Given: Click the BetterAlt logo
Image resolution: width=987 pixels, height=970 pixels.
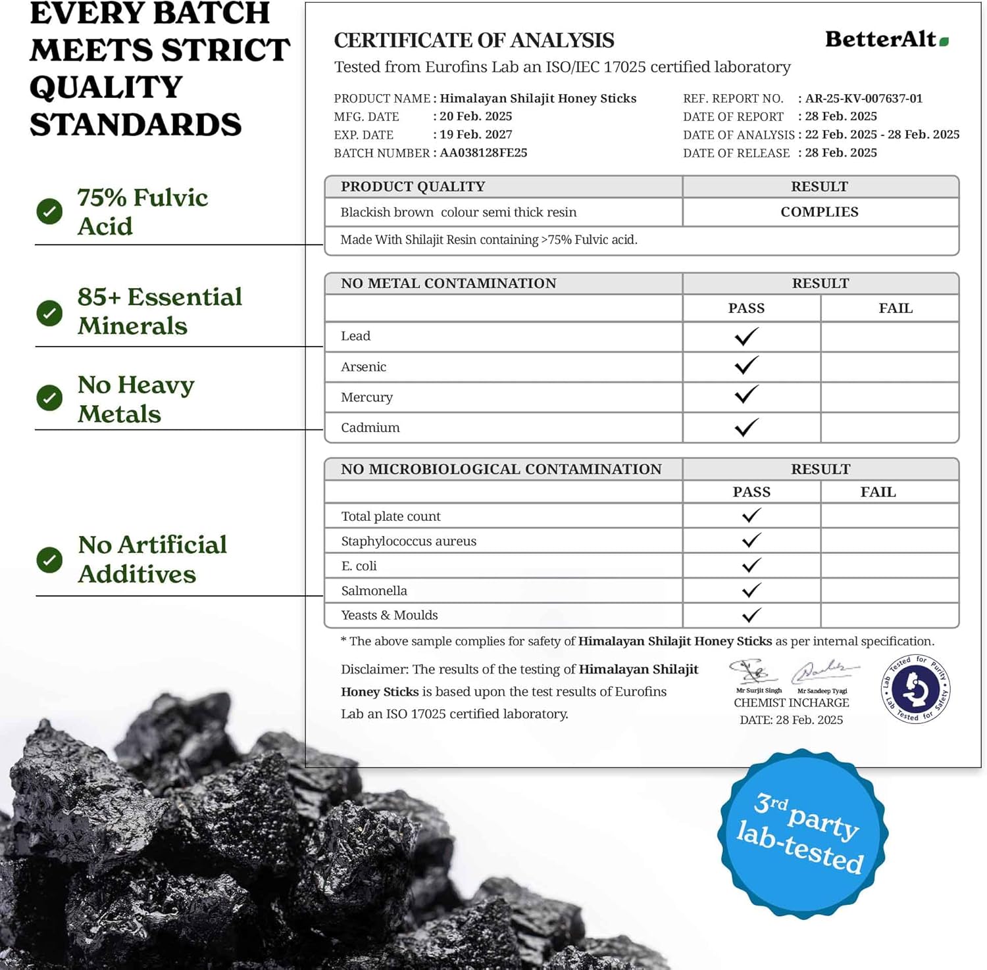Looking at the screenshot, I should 886,39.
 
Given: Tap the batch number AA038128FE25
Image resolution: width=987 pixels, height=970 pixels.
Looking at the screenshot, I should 483,153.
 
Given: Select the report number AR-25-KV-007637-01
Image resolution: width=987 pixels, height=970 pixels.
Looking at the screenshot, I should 863,99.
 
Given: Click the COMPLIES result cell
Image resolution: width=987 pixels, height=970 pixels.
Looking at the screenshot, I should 819,212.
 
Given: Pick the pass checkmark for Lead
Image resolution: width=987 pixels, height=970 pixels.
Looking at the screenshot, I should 746,337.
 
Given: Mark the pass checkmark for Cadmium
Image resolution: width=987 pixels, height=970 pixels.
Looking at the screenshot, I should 746,427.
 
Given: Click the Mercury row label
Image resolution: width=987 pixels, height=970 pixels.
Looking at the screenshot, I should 367,397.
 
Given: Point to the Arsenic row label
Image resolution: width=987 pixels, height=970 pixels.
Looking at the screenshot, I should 363,367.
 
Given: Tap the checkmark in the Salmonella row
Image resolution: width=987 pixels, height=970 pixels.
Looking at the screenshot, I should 751,590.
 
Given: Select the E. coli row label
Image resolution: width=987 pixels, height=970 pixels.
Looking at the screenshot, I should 359,566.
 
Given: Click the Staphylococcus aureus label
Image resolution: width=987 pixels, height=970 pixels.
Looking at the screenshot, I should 408,541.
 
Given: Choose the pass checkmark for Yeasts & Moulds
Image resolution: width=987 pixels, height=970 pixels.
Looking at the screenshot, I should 751,615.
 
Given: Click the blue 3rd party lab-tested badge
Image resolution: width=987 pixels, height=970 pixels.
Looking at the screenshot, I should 803,833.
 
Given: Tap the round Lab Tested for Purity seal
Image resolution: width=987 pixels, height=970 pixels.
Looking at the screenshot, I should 915,689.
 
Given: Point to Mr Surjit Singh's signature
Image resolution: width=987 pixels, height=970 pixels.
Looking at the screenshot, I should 754,671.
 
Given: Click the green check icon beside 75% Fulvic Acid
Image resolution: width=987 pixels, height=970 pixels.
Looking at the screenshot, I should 49,211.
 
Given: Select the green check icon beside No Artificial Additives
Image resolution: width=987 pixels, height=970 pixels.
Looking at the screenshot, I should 49,560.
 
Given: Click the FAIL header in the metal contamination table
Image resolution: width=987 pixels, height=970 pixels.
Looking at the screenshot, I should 895,308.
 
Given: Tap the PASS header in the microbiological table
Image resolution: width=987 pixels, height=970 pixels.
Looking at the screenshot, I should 751,492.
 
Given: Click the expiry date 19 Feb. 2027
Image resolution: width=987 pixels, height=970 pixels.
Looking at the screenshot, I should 475,134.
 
